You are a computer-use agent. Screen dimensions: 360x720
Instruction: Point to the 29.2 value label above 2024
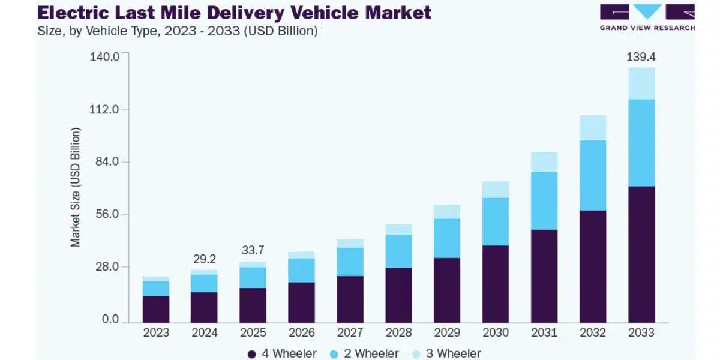[204, 259]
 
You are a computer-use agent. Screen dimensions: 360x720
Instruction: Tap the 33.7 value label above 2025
[253, 250]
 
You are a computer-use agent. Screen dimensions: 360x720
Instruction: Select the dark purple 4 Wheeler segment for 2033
[641, 254]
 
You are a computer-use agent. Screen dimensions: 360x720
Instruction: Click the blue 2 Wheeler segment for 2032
[593, 175]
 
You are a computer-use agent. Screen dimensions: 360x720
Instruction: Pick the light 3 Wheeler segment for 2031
[544, 162]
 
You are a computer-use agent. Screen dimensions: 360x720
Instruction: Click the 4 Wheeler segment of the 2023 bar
[155, 309]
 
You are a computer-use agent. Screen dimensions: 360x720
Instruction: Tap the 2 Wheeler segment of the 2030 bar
[496, 221]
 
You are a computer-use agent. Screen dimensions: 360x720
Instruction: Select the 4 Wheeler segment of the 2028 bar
[398, 295]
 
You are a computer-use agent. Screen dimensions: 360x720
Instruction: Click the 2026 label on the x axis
[301, 332]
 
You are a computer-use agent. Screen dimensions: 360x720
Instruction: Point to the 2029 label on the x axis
[447, 332]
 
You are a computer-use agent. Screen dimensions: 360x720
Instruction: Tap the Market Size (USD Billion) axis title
[76, 187]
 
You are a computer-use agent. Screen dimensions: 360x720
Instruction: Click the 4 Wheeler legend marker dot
[253, 354]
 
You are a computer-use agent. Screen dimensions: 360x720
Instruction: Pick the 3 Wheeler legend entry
[446, 354]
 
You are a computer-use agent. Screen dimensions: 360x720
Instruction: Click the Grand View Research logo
[647, 17]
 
